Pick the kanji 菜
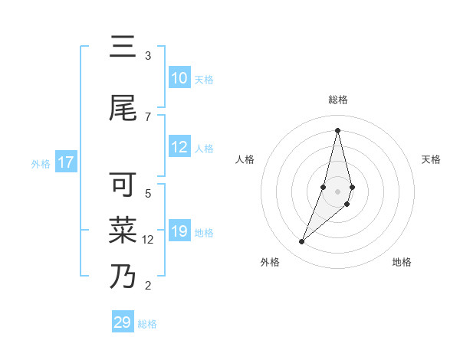123,230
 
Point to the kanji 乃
123,276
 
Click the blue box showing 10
179,78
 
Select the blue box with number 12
179,147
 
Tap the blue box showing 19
179,231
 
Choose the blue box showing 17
66,162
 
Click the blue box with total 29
123,322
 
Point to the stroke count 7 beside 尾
147,116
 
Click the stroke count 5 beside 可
148,193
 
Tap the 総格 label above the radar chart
337,100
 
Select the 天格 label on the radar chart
431,159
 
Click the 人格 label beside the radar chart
245,159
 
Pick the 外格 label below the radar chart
269,263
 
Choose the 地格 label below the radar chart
402,263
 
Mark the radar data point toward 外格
301,242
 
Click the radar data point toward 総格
337,130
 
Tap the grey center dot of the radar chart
337,191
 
